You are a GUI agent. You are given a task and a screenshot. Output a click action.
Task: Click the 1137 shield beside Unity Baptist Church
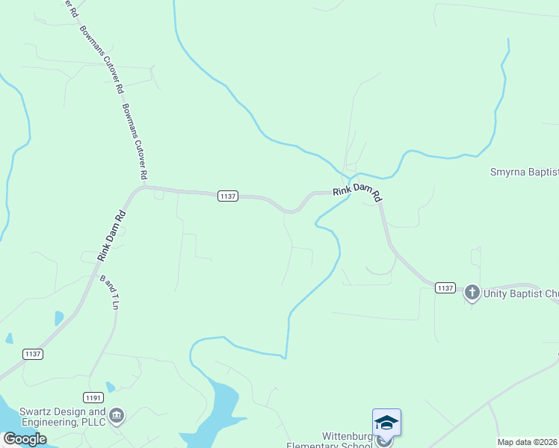point(445,287)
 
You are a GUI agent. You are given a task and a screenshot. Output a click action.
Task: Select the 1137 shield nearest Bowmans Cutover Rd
point(228,196)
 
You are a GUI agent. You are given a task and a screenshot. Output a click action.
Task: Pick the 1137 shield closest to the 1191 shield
point(32,355)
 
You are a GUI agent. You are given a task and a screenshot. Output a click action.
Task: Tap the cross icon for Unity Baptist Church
point(472,292)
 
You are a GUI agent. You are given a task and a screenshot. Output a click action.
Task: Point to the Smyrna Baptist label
point(524,172)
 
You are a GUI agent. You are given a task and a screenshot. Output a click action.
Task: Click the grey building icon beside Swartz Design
point(117,415)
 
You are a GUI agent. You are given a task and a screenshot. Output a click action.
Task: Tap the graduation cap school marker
point(386,423)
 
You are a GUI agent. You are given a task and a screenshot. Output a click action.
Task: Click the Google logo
point(25,439)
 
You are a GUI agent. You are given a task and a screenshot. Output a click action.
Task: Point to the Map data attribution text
point(528,442)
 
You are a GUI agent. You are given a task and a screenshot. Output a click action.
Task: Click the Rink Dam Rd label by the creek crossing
point(358,192)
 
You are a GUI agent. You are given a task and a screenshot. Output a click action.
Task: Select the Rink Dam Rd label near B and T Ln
point(111,236)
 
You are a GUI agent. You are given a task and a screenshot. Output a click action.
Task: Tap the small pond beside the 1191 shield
point(111,387)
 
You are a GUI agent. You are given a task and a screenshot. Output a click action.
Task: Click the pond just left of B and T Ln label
point(59,318)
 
